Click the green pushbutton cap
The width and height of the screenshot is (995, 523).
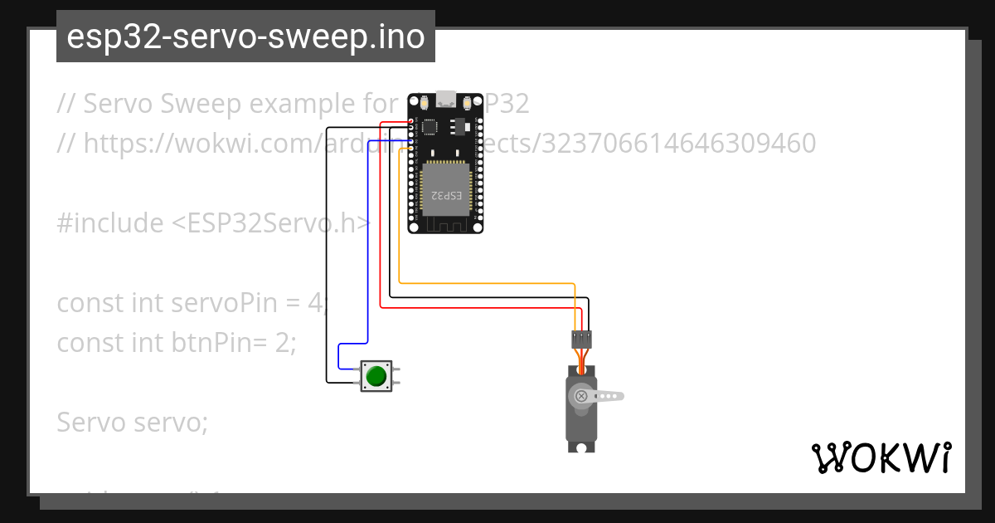tap(376, 376)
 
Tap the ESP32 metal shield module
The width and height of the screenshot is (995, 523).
tap(445, 186)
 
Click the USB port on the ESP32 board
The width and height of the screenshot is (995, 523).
tap(446, 99)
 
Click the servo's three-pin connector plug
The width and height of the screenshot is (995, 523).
tap(581, 339)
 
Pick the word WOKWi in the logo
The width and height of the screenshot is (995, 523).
tap(881, 457)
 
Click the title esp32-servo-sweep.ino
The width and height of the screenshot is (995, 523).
tap(245, 37)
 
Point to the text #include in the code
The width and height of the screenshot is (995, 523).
tap(109, 223)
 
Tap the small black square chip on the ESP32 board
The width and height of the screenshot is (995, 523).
tap(429, 127)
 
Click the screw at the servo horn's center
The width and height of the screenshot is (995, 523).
tap(581, 396)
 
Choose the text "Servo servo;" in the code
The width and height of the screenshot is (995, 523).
tap(132, 423)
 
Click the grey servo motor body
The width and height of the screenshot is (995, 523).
tap(580, 423)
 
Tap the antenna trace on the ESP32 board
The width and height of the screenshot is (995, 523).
tap(445, 223)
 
